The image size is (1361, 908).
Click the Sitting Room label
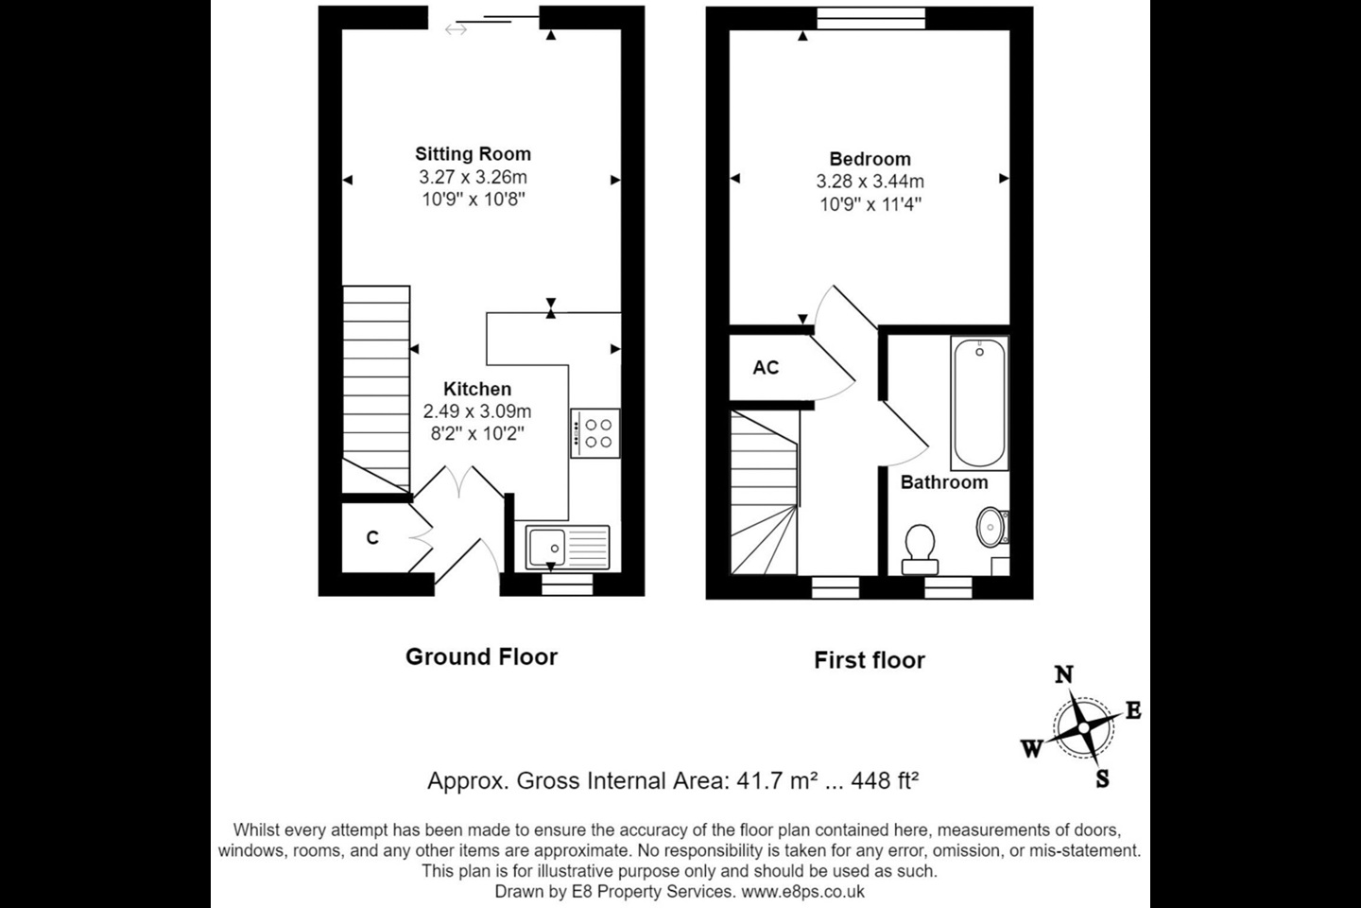tap(473, 154)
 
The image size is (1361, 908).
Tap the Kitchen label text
tap(477, 389)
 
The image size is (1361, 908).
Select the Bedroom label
tap(870, 159)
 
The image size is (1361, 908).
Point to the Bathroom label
tap(944, 482)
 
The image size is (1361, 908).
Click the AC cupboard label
tap(766, 367)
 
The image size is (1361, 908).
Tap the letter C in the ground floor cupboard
tap(372, 537)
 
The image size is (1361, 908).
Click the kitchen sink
tap(567, 547)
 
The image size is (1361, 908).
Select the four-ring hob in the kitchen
tap(594, 433)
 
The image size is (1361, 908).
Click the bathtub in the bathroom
tap(979, 403)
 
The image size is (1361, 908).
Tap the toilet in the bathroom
tap(920, 550)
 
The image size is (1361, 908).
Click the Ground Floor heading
tap(481, 656)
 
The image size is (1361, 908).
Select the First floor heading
tap(870, 660)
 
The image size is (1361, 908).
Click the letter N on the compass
tap(1063, 674)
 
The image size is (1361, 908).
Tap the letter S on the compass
tap(1102, 779)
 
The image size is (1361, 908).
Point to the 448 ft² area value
tap(885, 780)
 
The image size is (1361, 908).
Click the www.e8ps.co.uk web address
tap(802, 892)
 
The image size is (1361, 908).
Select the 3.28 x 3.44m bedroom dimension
tap(870, 182)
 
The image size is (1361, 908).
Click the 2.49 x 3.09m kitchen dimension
tap(477, 411)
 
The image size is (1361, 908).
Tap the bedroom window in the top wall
tap(870, 18)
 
